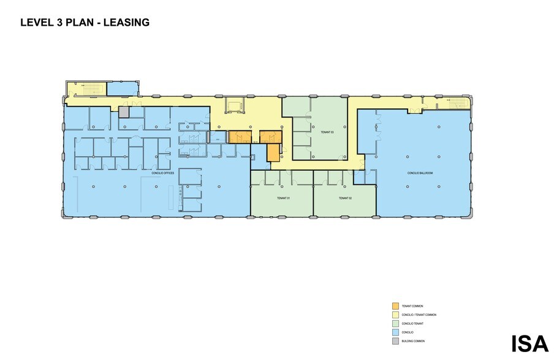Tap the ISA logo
[530, 343]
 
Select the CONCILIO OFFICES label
[163, 173]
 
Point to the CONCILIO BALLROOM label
[420, 173]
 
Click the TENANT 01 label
[282, 198]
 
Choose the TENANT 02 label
[345, 198]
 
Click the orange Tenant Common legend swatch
[395, 306]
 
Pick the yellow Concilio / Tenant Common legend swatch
[395, 314]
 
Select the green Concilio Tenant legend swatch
[395, 323]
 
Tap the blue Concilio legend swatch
[395, 331]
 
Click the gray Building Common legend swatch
[395, 340]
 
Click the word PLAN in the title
[76, 23]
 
